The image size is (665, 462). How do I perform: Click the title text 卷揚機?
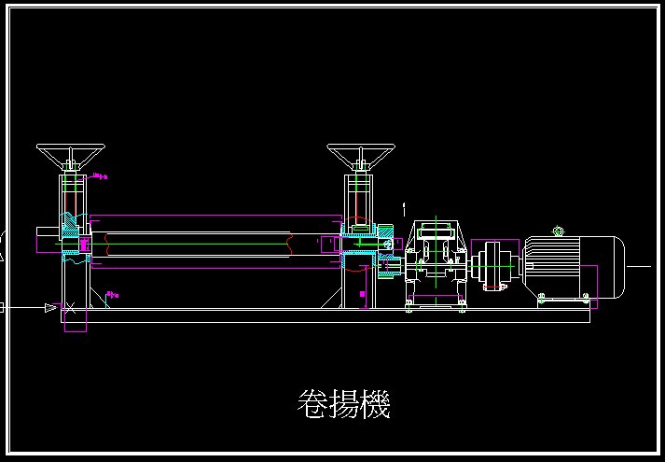pyautogui.click(x=342, y=404)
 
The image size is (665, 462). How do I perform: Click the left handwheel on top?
pyautogui.click(x=71, y=152)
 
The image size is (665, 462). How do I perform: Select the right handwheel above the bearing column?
pyautogui.click(x=361, y=152)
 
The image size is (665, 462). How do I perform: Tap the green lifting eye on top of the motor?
pyautogui.click(x=559, y=231)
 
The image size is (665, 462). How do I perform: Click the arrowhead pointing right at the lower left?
pyautogui.click(x=50, y=307)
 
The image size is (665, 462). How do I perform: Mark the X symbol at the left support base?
pyautogui.click(x=67, y=307)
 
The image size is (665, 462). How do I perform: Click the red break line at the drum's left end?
pyautogui.click(x=107, y=245)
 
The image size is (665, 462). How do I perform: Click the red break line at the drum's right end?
pyautogui.click(x=293, y=245)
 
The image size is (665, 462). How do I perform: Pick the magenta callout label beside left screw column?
pyautogui.click(x=100, y=175)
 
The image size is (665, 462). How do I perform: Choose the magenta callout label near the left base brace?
pyautogui.click(x=112, y=296)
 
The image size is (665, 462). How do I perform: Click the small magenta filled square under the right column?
pyautogui.click(x=362, y=294)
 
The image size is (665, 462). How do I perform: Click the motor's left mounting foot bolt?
pyautogui.click(x=541, y=298)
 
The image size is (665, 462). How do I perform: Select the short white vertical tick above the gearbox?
pyautogui.click(x=403, y=206)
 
